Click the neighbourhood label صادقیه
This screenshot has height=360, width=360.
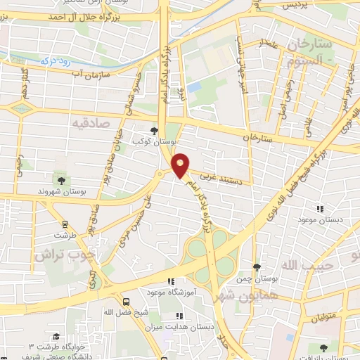(90, 122)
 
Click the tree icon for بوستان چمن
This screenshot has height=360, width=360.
(257, 267)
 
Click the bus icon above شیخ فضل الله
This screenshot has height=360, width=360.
(125, 300)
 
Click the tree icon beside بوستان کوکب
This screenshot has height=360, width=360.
(155, 131)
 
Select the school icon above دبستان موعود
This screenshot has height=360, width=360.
(320, 209)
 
